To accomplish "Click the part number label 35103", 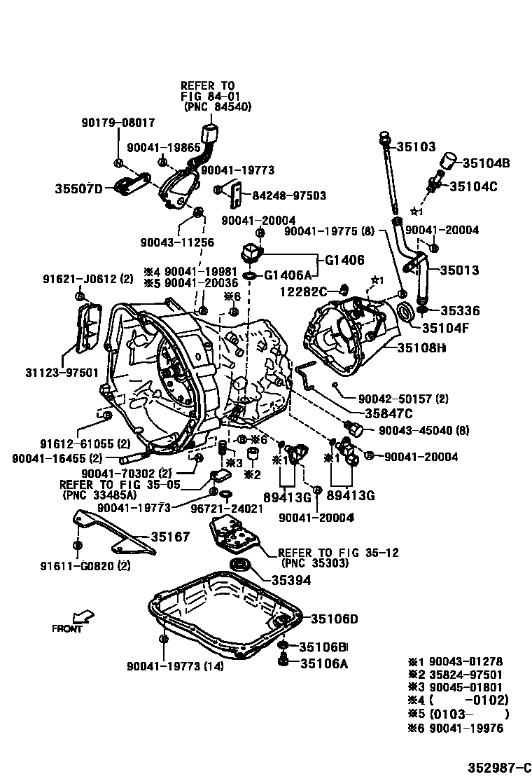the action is click(x=416, y=146).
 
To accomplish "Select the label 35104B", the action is click(x=486, y=163).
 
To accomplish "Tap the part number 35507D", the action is click(x=78, y=188).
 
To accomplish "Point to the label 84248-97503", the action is click(x=289, y=195).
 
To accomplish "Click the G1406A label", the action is click(x=287, y=275).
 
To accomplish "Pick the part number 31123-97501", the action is click(x=62, y=372).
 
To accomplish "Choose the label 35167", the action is click(x=170, y=537).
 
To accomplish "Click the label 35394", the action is click(x=291, y=580).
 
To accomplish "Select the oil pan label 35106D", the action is click(x=335, y=619).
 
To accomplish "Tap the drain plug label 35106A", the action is click(x=324, y=663).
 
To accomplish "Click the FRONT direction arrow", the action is click(x=83, y=616).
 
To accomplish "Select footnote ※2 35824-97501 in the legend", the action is click(x=455, y=675).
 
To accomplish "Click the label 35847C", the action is click(x=388, y=413).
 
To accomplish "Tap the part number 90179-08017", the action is click(x=118, y=122).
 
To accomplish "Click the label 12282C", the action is click(x=304, y=291).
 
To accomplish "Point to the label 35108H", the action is click(x=421, y=347).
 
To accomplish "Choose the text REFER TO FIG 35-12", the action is click(x=338, y=553).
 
